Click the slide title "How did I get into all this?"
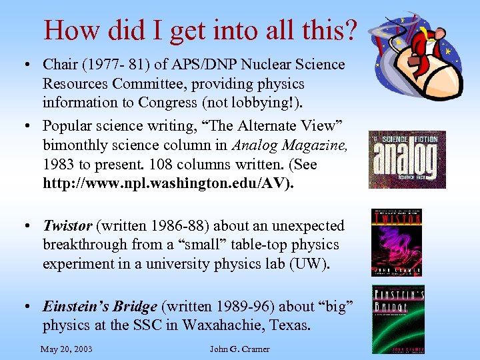[x=200, y=29]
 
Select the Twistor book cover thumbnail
[x=396, y=242]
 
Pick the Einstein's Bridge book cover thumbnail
[x=397, y=319]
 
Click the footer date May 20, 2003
[x=66, y=349]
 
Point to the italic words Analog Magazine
[x=291, y=145]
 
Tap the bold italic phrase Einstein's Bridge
[x=101, y=307]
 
